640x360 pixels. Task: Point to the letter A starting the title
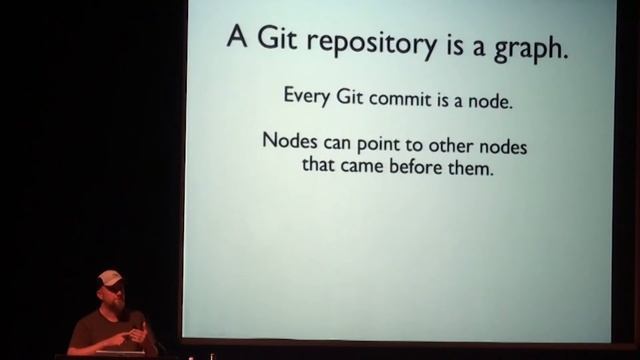tap(236, 40)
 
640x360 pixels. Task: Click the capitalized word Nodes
tap(288, 142)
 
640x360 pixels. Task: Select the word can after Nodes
tap(337, 143)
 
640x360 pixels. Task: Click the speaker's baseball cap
tap(110, 278)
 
